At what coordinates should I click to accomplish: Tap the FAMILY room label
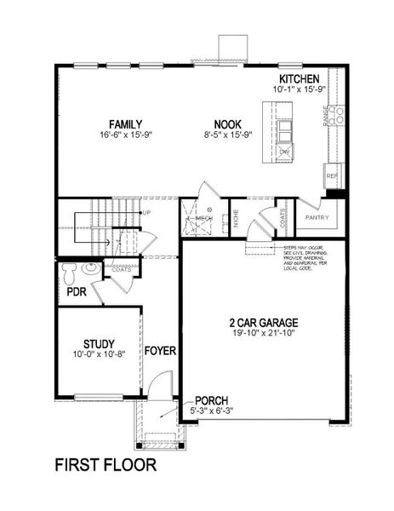click(125, 123)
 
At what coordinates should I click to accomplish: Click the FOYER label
click(159, 351)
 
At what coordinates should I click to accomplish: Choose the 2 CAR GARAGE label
click(263, 322)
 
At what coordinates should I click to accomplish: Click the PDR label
click(77, 293)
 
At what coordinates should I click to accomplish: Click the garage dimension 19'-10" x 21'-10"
click(263, 335)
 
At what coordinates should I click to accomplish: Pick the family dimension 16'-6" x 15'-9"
click(125, 135)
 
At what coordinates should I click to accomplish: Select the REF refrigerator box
click(332, 176)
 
